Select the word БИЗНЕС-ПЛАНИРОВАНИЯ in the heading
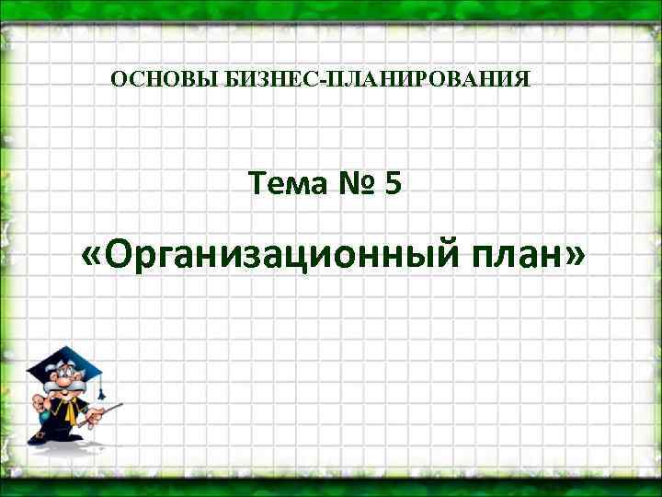[376, 80]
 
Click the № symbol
[356, 186]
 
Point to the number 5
[394, 186]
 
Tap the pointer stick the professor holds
[108, 409]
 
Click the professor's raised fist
[40, 401]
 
